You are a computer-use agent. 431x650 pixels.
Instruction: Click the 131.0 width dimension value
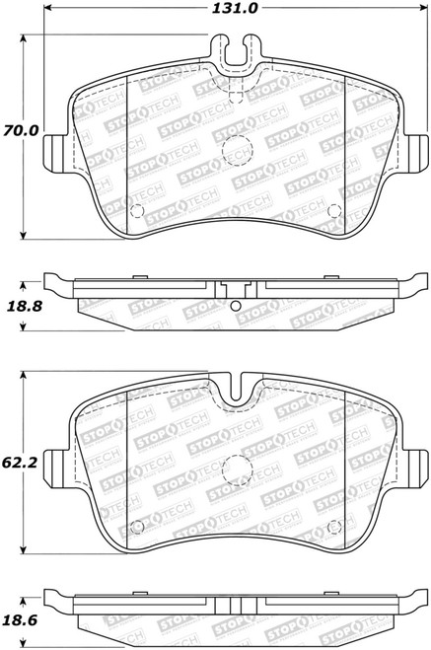click(x=235, y=8)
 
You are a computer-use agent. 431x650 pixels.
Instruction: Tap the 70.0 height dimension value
click(x=21, y=130)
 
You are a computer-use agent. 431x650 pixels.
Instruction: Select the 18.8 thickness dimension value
click(x=25, y=307)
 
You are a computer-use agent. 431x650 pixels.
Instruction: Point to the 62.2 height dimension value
click(x=20, y=463)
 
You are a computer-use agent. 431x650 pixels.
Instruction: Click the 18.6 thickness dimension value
click(x=20, y=620)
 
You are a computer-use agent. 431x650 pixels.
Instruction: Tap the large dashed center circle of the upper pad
click(x=237, y=151)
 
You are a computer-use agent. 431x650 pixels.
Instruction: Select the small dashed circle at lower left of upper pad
click(x=137, y=211)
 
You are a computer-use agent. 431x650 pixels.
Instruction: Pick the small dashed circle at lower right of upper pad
click(x=334, y=211)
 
